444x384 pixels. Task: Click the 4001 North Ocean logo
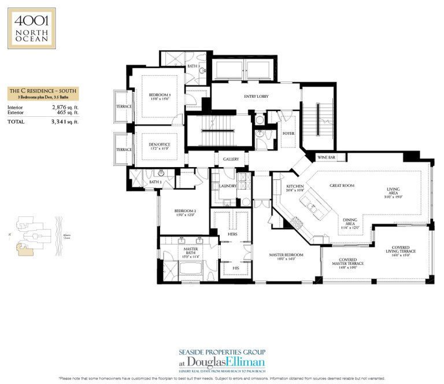32,28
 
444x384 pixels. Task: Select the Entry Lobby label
256,96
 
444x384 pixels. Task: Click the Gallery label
231,159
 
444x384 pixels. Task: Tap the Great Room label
342,186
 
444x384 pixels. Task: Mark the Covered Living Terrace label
401,250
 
